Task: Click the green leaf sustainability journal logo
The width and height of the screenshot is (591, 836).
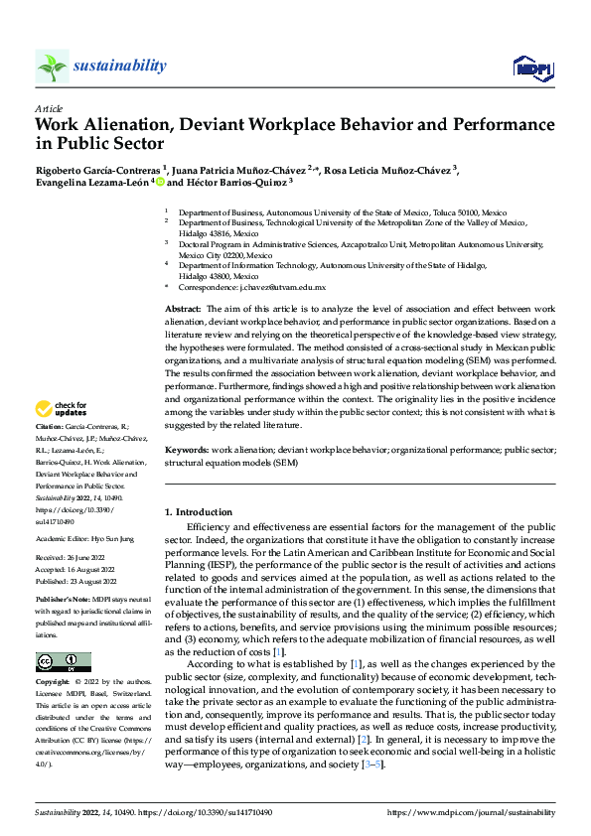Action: click(52, 67)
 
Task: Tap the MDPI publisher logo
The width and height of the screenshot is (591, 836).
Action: click(531, 67)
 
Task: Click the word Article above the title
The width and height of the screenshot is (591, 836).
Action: click(49, 108)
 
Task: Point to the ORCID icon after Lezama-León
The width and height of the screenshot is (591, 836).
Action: click(159, 183)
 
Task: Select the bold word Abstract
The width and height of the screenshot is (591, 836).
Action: click(184, 310)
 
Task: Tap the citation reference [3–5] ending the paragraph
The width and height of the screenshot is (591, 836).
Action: click(369, 765)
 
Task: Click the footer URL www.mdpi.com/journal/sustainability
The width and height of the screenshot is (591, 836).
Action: click(470, 812)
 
